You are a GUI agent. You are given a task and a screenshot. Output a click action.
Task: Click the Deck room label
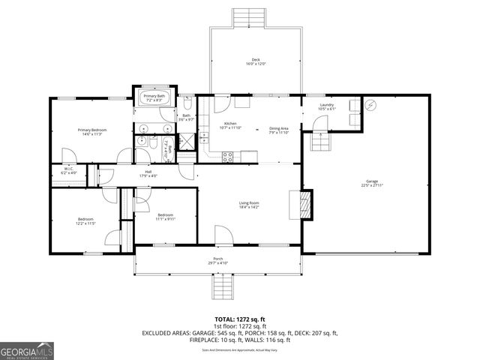point(255,60)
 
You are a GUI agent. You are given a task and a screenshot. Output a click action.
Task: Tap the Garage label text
point(371,181)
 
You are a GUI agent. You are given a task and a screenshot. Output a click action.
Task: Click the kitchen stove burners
point(227,155)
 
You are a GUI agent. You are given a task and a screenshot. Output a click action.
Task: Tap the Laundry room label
point(326,105)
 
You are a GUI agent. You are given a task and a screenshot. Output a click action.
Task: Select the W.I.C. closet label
point(67,169)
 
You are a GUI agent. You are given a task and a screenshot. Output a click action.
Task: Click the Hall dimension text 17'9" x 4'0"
point(148,176)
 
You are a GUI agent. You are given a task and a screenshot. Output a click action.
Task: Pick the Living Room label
point(249,202)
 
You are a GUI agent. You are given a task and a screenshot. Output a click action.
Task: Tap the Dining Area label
point(279,128)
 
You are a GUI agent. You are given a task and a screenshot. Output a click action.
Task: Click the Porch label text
point(219,259)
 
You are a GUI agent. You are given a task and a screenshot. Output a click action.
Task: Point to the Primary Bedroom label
point(92,130)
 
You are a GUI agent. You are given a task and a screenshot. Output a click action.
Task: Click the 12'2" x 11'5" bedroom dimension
point(86,223)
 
